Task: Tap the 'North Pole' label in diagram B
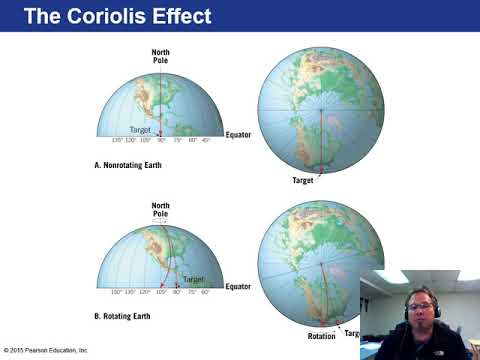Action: pyautogui.click(x=160, y=208)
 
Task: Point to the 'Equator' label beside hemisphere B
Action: pyautogui.click(x=238, y=286)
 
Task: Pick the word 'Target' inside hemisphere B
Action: pyautogui.click(x=193, y=279)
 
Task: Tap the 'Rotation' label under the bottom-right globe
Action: pyautogui.click(x=322, y=336)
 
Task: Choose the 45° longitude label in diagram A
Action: pyautogui.click(x=208, y=141)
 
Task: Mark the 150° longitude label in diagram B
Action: pyautogui.click(x=116, y=292)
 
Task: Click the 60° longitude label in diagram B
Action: pyautogui.click(x=204, y=292)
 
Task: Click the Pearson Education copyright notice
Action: pyautogui.click(x=45, y=350)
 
